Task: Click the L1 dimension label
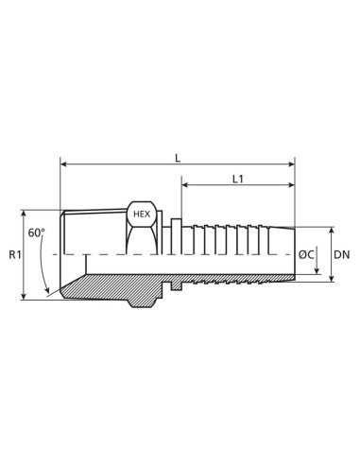pyautogui.click(x=237, y=180)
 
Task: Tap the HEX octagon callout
pyautogui.click(x=141, y=214)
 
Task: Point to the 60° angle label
pyautogui.click(x=37, y=232)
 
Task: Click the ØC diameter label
pyautogui.click(x=307, y=255)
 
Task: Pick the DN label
pyautogui.click(x=344, y=255)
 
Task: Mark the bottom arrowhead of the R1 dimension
pyautogui.click(x=24, y=298)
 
